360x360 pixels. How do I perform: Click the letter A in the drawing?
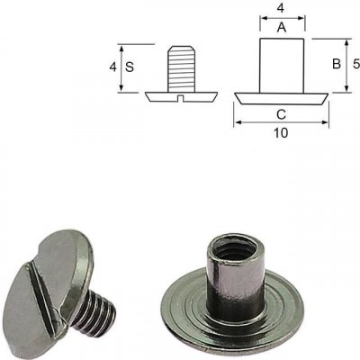282,28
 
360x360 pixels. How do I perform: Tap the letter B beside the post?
337,64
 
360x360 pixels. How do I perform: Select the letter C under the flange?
281,114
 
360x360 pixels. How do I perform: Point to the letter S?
130,67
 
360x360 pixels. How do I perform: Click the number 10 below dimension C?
281,133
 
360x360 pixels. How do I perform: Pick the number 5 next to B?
356,64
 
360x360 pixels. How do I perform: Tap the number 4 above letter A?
280,8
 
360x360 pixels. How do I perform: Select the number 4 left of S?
112,67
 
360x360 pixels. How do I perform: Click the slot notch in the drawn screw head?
180,98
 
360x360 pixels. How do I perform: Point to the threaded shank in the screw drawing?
181,68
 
